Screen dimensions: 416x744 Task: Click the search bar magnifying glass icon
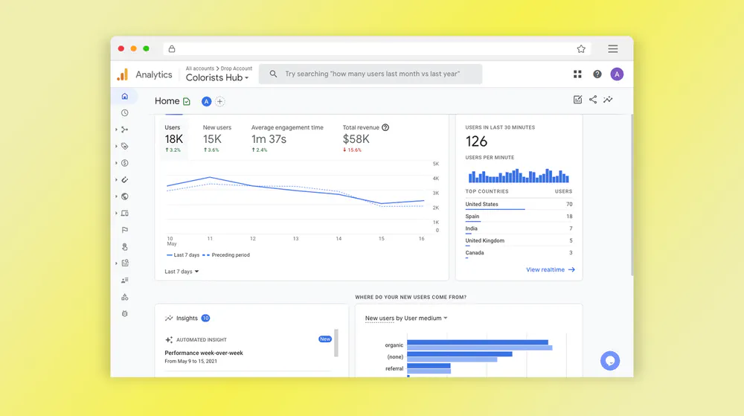point(273,74)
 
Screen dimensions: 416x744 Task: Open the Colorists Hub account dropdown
point(217,78)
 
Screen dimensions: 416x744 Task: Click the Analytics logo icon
point(123,74)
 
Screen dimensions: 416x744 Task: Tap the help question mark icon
point(597,74)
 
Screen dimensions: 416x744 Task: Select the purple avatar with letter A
point(617,74)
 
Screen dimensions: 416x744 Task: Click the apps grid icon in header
point(577,74)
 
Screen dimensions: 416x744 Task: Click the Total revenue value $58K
point(356,139)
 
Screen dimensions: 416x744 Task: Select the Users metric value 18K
point(174,139)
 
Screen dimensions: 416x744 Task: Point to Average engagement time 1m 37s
point(269,139)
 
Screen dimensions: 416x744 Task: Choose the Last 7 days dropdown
point(182,272)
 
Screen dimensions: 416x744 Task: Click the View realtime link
point(551,270)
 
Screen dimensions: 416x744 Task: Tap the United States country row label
point(481,204)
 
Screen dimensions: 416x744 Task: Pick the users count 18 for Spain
point(569,217)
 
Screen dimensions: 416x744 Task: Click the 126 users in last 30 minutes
point(476,141)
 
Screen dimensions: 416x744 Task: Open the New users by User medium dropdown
point(406,319)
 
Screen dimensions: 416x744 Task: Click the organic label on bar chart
point(394,345)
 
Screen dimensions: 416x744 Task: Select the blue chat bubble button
point(610,361)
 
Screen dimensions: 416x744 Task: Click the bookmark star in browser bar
point(581,49)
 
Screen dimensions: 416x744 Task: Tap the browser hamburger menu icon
point(612,49)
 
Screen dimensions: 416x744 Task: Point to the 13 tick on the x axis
point(295,239)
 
